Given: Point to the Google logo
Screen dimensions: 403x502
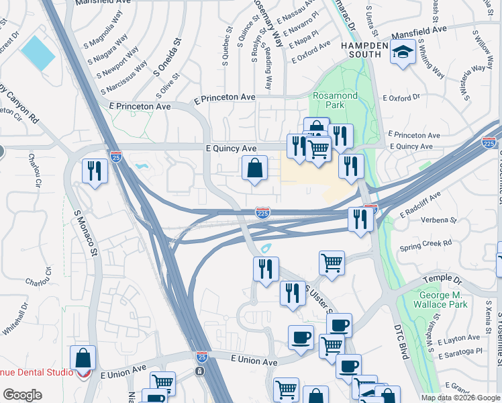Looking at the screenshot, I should (22, 395).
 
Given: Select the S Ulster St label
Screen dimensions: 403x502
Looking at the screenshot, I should (319, 300).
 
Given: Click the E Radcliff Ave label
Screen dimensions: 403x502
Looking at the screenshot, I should (421, 204).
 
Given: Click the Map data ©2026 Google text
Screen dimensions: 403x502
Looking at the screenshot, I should (460, 397).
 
